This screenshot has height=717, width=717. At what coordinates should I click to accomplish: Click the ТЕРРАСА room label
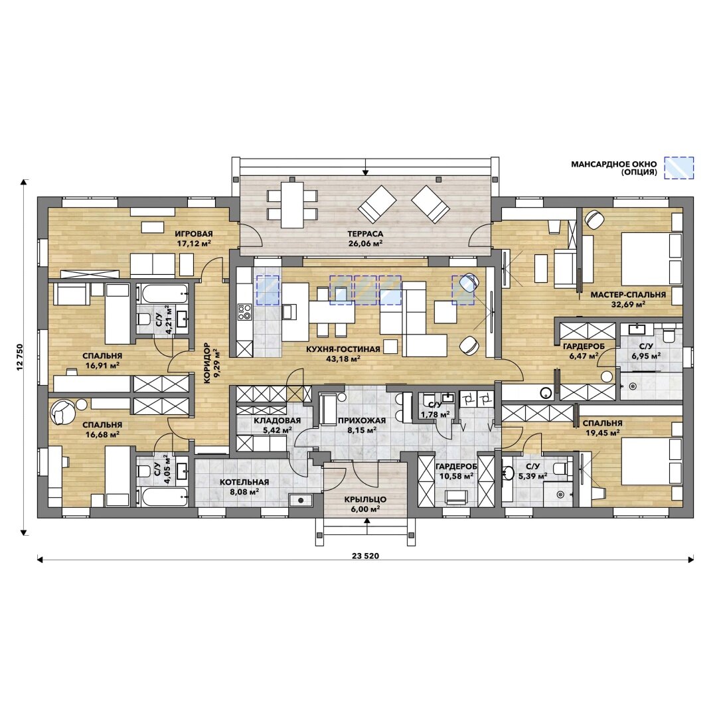click(x=365, y=234)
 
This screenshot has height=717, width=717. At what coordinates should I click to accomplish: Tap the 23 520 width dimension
click(x=365, y=556)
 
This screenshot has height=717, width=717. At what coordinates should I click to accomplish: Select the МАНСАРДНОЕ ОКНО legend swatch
click(x=679, y=168)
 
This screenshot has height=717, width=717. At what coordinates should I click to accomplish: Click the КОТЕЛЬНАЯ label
click(x=244, y=482)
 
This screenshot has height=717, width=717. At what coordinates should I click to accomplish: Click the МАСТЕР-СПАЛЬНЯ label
click(x=628, y=295)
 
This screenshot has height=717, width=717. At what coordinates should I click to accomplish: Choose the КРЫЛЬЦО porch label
click(x=365, y=499)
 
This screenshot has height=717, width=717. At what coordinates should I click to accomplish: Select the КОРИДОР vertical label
click(x=206, y=363)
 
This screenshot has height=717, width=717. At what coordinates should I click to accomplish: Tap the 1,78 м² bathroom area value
click(x=436, y=415)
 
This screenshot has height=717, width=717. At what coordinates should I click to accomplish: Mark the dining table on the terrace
click(x=292, y=205)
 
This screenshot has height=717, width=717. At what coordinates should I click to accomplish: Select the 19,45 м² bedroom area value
click(x=603, y=433)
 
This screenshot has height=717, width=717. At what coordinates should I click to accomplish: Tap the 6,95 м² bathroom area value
click(x=646, y=355)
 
